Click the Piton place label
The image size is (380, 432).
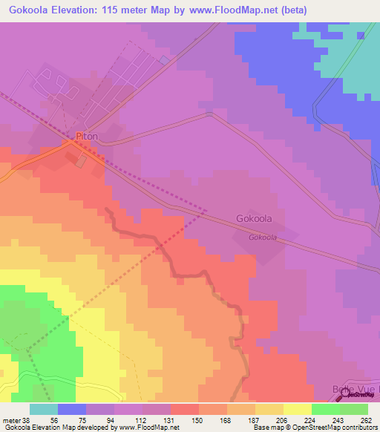(x=86, y=137)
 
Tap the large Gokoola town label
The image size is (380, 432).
(x=254, y=219)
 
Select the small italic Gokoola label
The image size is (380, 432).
(x=263, y=238)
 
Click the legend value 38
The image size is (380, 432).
(x=22, y=419)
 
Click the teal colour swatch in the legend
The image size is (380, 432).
(x=44, y=409)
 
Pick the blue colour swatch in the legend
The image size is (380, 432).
(x=72, y=409)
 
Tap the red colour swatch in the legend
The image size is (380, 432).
(x=185, y=409)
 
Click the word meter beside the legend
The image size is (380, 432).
(x=10, y=419)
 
